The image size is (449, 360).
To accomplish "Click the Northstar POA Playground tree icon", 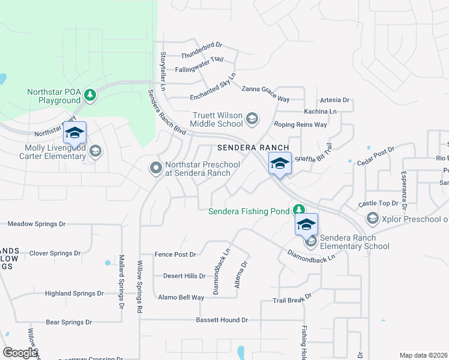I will coord(90,94).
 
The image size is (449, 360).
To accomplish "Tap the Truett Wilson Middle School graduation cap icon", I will coord(253,118).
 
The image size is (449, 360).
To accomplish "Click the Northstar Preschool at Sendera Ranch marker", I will coord(155,168).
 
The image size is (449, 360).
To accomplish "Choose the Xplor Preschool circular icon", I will coord(372,217).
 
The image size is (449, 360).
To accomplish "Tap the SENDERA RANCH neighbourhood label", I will coord(253,148).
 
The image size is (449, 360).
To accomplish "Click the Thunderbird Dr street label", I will coord(202,45).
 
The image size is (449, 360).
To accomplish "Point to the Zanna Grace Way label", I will coord(265,89).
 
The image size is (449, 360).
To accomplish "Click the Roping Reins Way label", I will coord(300,125).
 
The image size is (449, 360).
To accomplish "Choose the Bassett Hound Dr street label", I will coord(221,320).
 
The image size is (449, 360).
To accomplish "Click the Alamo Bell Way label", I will coord(181,298).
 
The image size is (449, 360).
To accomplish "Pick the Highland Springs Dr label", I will coord(74,293).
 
